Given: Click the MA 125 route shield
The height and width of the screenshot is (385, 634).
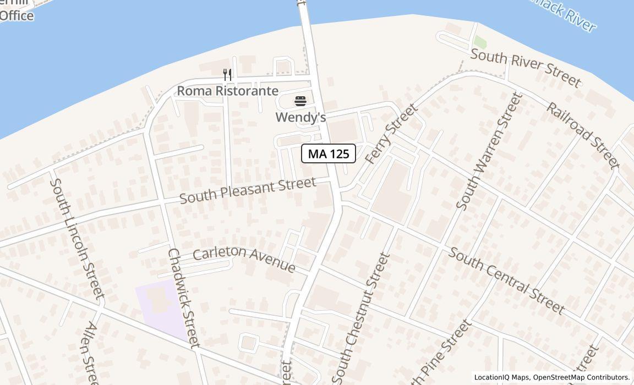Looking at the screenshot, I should [329, 153].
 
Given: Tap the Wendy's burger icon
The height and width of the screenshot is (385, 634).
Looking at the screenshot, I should [300, 101].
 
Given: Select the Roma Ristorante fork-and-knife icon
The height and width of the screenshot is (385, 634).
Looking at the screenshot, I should [227, 74].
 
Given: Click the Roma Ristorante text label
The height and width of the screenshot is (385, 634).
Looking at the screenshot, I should [227, 91].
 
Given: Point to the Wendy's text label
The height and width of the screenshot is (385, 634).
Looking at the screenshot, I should [300, 117].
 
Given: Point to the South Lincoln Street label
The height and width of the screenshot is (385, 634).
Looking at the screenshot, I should [76, 238].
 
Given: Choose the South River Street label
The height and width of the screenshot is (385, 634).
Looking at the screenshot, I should [526, 67].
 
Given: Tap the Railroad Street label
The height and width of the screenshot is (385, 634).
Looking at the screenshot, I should [582, 134].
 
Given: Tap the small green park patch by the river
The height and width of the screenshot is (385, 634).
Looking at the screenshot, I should [480, 42].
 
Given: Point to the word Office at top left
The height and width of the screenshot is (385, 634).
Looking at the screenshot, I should [17, 15].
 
